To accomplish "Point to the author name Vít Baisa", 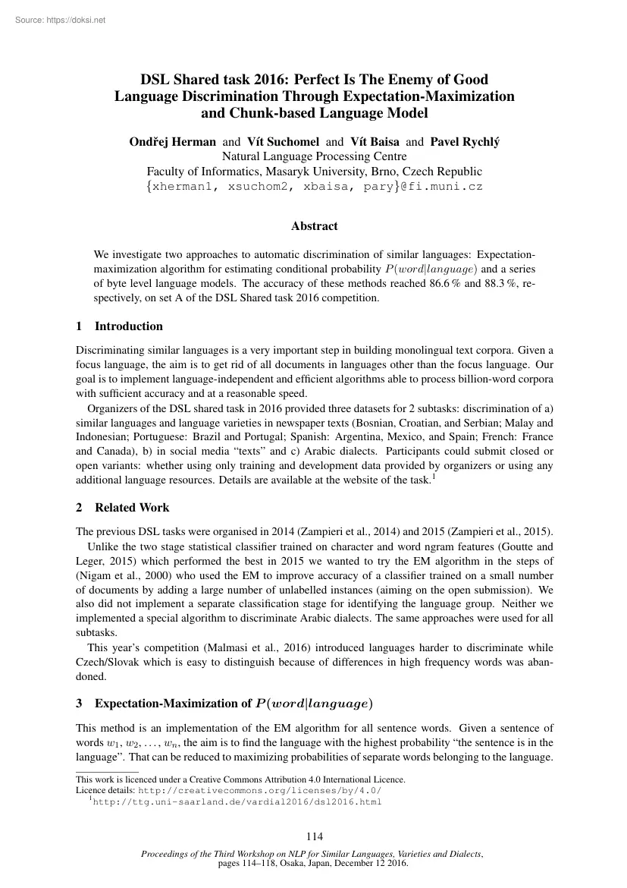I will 376,141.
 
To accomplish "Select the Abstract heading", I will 314,226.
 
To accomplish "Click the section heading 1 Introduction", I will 120,326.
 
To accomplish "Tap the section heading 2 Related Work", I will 123,507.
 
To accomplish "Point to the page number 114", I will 314,837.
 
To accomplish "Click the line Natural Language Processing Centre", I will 314,156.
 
